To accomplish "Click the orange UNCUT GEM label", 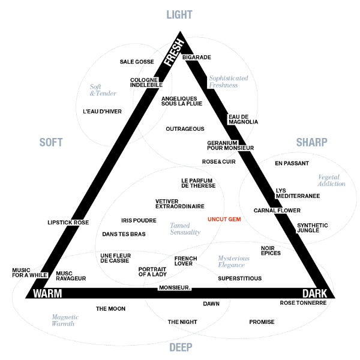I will (x=224, y=220).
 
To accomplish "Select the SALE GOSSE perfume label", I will (x=137, y=62).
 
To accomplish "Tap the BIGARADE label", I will (x=196, y=58).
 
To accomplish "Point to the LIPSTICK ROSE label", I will (x=68, y=223).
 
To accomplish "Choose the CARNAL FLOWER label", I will (x=277, y=211).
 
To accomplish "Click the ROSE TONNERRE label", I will (x=303, y=303).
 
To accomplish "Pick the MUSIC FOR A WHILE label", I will (x=29, y=273).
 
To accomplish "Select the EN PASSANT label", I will (x=292, y=163).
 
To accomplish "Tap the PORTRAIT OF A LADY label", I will (x=152, y=272).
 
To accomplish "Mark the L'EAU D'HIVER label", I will (x=102, y=112).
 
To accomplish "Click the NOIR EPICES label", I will (x=271, y=251).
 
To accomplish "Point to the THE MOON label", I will (x=110, y=309).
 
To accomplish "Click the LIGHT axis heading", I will (x=179, y=15).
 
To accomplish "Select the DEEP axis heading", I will (x=181, y=347).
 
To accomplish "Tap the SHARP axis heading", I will (x=311, y=142).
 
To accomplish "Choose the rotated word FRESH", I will (x=174, y=52).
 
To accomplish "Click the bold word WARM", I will (x=47, y=294).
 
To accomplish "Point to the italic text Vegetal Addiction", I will (x=331, y=180).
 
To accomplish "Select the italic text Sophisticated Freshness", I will (x=227, y=82).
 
